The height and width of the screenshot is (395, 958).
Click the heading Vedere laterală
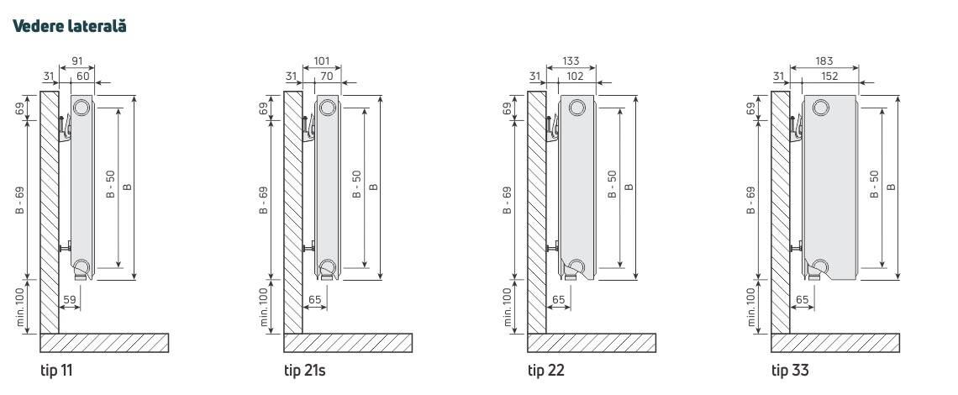pyautogui.click(x=69, y=26)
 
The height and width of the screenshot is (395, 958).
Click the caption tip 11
pyautogui.click(x=56, y=370)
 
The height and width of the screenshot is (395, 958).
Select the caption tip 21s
pyautogui.click(x=304, y=370)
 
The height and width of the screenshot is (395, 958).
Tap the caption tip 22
pyautogui.click(x=546, y=370)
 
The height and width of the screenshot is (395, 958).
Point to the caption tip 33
pyautogui.click(x=789, y=370)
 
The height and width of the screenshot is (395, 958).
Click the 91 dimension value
pyautogui.click(x=77, y=61)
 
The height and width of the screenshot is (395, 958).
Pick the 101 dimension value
pyautogui.click(x=321, y=61)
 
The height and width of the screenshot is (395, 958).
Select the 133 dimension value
pyautogui.click(x=570, y=61)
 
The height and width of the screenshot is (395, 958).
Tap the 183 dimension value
pyautogui.click(x=824, y=61)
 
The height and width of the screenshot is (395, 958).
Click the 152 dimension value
pyautogui.click(x=829, y=76)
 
